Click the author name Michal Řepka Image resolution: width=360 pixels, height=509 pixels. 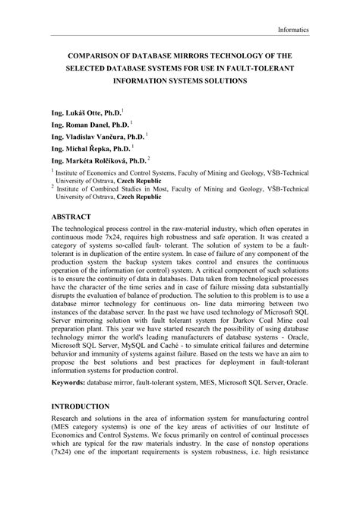point(86,149)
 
